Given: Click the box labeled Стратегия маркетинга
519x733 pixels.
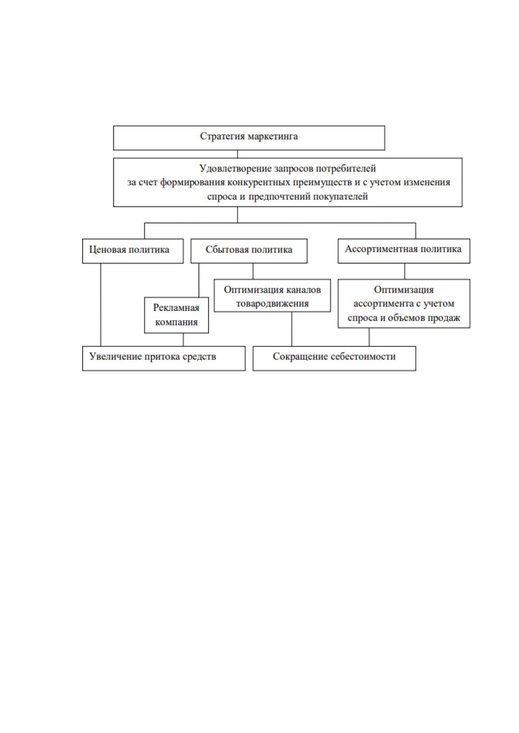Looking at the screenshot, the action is pyautogui.click(x=249, y=138).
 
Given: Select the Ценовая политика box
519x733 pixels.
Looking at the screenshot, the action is pyautogui.click(x=133, y=251).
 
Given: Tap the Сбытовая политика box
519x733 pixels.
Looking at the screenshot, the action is pyautogui.click(x=249, y=251).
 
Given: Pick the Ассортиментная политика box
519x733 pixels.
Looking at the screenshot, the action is pyautogui.click(x=404, y=251).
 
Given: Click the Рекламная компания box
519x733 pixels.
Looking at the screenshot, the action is pyautogui.click(x=176, y=316).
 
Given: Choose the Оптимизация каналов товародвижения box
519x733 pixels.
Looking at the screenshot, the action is pyautogui.click(x=272, y=296).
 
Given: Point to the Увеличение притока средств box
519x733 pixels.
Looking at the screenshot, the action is pyautogui.click(x=164, y=359).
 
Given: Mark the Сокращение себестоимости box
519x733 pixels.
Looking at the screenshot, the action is pyautogui.click(x=334, y=359).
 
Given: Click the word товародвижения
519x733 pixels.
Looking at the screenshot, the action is pyautogui.click(x=272, y=304).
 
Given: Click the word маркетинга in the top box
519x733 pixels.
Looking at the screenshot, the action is pyautogui.click(x=273, y=136).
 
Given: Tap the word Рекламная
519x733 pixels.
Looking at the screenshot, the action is pyautogui.click(x=176, y=308).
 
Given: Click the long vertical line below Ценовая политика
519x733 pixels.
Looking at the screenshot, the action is pyautogui.click(x=101, y=305).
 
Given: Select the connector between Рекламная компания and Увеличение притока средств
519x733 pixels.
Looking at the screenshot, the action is pyautogui.click(x=183, y=340).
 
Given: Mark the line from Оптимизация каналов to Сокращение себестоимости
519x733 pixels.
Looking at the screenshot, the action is pyautogui.click(x=292, y=329).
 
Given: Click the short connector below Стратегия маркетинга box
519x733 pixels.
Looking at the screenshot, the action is pyautogui.click(x=237, y=155).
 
